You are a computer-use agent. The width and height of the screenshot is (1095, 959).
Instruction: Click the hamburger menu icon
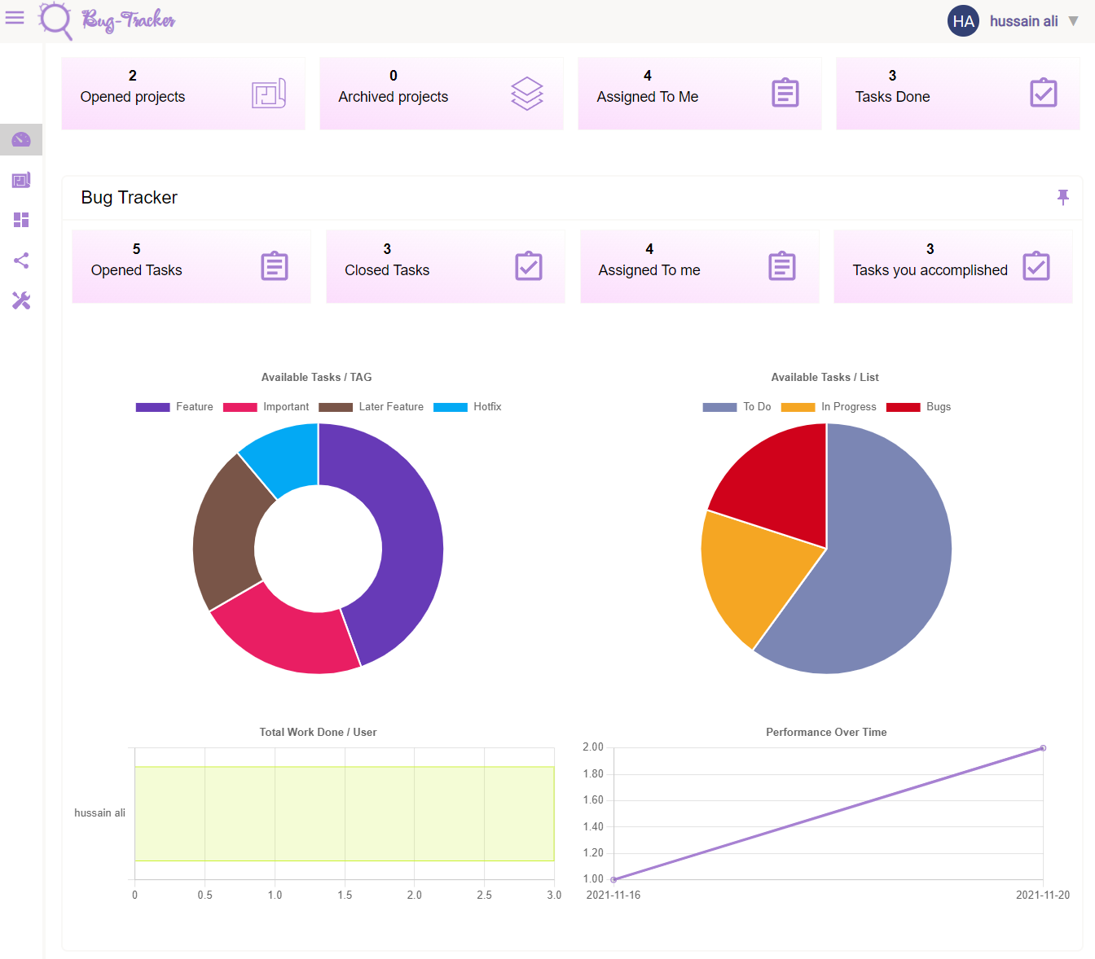point(15,17)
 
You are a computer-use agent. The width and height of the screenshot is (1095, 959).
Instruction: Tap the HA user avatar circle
point(963,21)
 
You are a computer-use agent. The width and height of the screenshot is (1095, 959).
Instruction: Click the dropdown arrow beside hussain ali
point(1073,21)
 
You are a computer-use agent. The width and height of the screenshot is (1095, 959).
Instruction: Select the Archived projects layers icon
point(526,94)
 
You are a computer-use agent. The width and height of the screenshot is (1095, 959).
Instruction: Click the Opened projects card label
point(133,97)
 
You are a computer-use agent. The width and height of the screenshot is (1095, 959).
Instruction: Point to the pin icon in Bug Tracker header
point(1062,197)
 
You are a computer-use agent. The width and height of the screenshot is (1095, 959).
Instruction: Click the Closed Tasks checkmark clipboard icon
point(529,266)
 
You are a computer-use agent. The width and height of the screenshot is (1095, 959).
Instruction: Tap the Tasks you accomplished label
point(930,270)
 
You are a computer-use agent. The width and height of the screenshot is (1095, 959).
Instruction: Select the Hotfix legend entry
point(468,407)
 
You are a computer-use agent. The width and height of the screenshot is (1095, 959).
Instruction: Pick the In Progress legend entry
point(829,407)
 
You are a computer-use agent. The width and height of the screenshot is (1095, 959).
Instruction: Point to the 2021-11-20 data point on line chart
point(1043,748)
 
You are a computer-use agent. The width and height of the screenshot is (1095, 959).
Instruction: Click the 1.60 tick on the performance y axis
point(593,800)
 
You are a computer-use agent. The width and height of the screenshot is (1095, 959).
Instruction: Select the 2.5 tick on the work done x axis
point(484,896)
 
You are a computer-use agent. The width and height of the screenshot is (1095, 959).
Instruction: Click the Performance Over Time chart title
point(826,733)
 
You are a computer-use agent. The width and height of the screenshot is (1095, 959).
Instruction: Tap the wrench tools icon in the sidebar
point(21,301)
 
